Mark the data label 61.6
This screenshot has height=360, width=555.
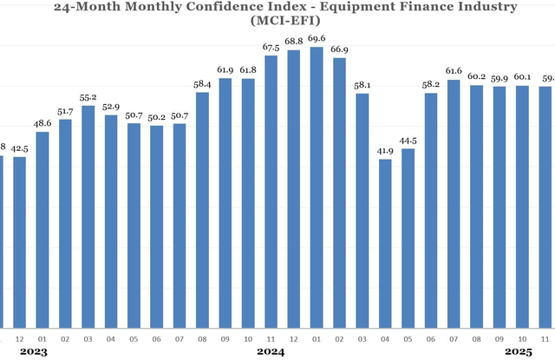click(453, 70)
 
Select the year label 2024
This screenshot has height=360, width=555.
click(271, 352)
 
